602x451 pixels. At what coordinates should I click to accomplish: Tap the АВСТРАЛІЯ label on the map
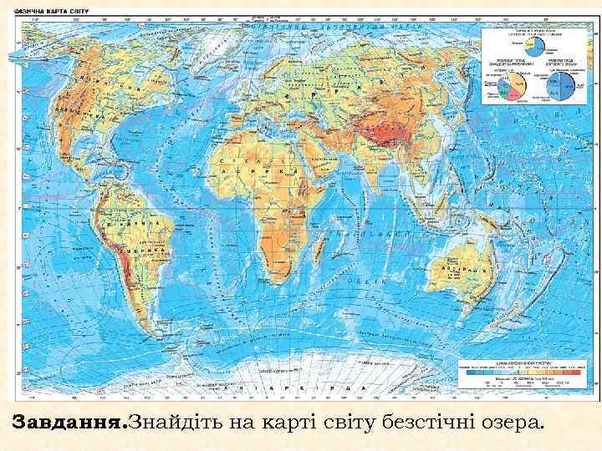pos(466,273)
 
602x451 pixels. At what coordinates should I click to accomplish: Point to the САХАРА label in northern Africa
pos(251,150)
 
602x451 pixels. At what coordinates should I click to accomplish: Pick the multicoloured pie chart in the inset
pos(518,84)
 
